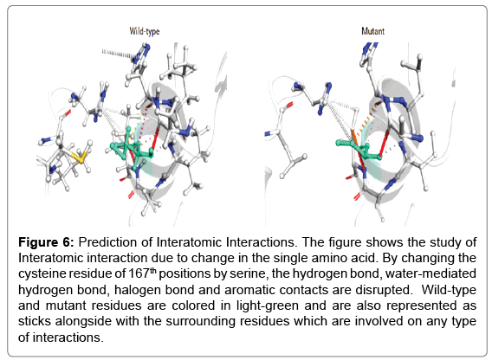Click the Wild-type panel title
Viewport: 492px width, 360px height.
point(145,31)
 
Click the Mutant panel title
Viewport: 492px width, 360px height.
point(372,31)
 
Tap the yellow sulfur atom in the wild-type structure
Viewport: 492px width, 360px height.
point(81,158)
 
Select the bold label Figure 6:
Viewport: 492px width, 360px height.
point(46,242)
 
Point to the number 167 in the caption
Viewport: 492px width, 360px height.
point(139,273)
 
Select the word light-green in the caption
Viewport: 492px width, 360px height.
point(267,305)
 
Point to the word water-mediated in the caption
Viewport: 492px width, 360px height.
point(430,273)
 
